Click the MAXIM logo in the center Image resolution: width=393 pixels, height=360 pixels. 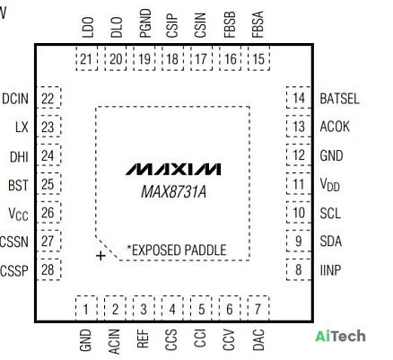173,169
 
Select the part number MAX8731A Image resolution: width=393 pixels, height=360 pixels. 174,191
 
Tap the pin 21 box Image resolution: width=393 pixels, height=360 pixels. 86,58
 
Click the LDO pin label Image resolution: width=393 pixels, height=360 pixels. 88,27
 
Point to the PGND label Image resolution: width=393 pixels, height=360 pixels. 145,23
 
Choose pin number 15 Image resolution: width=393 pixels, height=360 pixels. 258,58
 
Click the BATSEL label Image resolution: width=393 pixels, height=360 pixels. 339,99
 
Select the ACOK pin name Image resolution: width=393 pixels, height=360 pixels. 335,127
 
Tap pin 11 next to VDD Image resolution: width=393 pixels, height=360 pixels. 299,184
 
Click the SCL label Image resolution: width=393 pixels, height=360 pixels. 330,214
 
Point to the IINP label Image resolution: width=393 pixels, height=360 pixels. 330,270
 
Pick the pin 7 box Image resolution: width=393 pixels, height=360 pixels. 258,308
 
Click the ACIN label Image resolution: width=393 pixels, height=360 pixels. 114,341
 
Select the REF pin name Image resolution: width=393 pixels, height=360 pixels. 143,338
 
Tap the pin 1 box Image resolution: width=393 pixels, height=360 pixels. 86,308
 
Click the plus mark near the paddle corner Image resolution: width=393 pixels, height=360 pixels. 100,256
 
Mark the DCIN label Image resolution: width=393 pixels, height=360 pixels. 15,99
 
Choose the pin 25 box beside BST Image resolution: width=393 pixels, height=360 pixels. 48,184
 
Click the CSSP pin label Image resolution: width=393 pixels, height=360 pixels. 14,271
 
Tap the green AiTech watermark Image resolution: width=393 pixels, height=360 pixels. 340,336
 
